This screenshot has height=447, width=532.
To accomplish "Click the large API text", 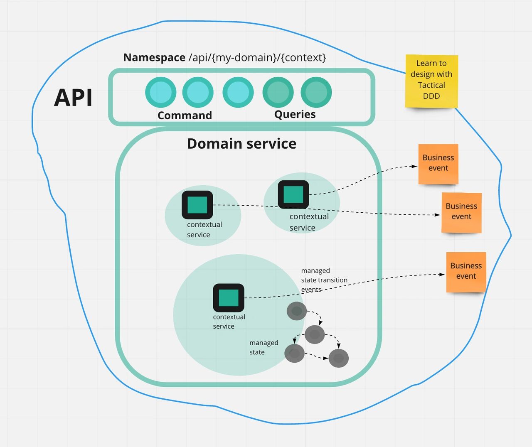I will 73,98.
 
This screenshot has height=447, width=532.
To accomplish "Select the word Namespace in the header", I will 154,57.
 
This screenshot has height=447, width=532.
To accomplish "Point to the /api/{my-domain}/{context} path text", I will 257,57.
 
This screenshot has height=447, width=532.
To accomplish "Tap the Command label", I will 185,115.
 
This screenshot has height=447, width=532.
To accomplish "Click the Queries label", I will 295,114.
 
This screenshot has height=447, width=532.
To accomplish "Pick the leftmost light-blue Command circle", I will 161,92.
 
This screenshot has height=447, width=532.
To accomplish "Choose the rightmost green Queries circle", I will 316,92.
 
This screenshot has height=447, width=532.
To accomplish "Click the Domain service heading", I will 241,143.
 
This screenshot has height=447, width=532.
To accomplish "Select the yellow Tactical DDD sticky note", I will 431,81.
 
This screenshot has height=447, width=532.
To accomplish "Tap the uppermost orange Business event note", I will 438,163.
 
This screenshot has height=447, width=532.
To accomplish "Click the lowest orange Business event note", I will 466,272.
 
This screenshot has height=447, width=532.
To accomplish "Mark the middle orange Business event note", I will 461,212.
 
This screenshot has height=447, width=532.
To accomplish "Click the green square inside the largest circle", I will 229,298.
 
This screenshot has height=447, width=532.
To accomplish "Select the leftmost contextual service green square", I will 197,205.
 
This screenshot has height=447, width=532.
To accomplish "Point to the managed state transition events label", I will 324,280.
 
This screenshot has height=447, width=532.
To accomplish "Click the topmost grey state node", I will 297,311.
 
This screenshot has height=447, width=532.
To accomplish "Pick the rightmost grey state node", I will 338,358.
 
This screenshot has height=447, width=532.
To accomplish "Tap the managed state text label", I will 264,347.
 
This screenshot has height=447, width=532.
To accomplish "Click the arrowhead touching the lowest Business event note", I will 442,274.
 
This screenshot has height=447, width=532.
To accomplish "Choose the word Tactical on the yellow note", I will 431,85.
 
